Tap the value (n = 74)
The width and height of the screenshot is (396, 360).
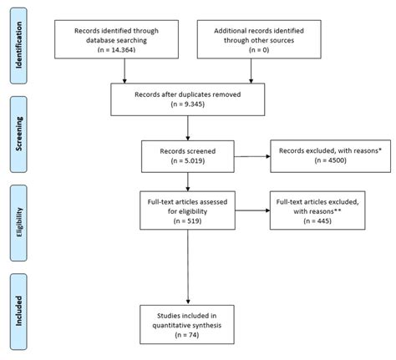(190, 333)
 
